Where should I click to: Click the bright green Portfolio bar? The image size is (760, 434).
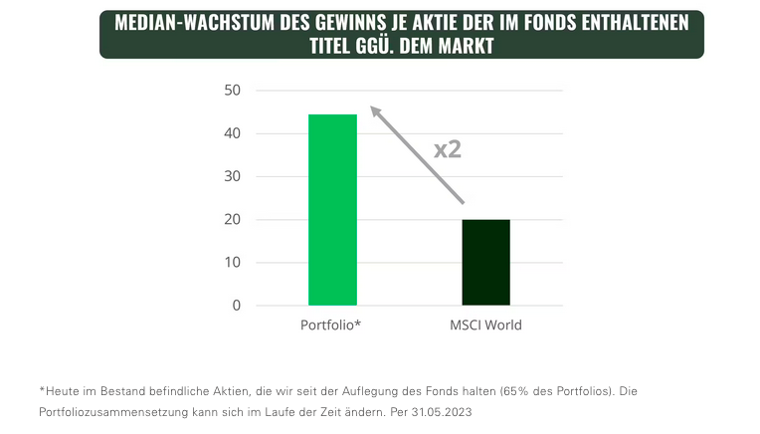pyautogui.click(x=332, y=210)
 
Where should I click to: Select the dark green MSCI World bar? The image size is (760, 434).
pyautogui.click(x=485, y=262)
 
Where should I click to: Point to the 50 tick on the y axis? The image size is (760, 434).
pyautogui.click(x=233, y=91)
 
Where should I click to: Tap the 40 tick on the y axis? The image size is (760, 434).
pyautogui.click(x=233, y=133)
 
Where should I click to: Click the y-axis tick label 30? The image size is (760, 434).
pyautogui.click(x=233, y=176)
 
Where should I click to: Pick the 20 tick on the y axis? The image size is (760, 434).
pyautogui.click(x=233, y=219)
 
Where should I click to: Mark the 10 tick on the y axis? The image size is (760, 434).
pyautogui.click(x=233, y=263)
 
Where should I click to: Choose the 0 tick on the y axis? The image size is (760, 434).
pyautogui.click(x=237, y=306)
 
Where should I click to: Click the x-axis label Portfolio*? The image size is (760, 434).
pyautogui.click(x=330, y=325)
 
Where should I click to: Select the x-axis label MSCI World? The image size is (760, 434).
pyautogui.click(x=486, y=325)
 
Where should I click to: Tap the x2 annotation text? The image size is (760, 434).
pyautogui.click(x=448, y=150)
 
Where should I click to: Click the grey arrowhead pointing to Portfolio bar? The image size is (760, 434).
pyautogui.click(x=375, y=110)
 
